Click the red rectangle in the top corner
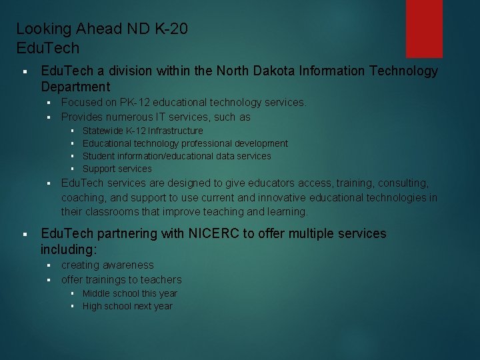pyautogui.click(x=425, y=28)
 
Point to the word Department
pyautogui.click(x=75, y=87)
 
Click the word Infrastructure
pyautogui.click(x=175, y=131)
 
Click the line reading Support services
pyautogui.click(x=117, y=169)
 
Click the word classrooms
pyautogui.click(x=114, y=212)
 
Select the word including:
pyautogui.click(x=69, y=249)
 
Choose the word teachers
pyautogui.click(x=160, y=279)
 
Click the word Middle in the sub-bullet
pyautogui.click(x=97, y=293)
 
